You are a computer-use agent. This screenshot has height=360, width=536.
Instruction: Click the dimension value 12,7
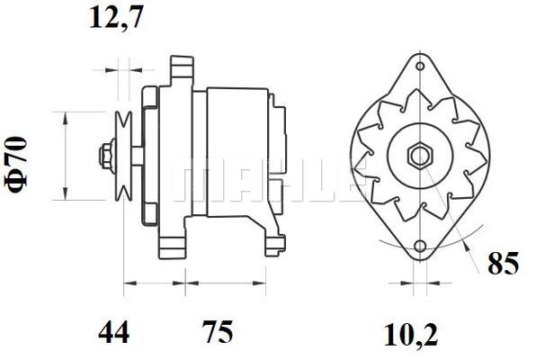pyautogui.click(x=116, y=18)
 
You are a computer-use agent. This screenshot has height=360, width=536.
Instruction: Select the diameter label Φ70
pyautogui.click(x=15, y=165)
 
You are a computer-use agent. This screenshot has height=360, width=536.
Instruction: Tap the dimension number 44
pyautogui.click(x=114, y=332)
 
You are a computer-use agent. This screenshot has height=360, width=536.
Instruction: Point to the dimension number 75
pyautogui.click(x=218, y=332)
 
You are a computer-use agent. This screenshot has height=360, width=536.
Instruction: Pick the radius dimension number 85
pyautogui.click(x=504, y=264)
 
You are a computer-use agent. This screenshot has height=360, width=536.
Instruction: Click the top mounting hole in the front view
pyautogui.click(x=420, y=66)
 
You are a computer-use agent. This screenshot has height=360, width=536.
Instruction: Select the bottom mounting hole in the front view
pyautogui.click(x=420, y=246)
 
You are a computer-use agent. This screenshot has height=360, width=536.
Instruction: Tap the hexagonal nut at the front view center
pyautogui.click(x=420, y=156)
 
